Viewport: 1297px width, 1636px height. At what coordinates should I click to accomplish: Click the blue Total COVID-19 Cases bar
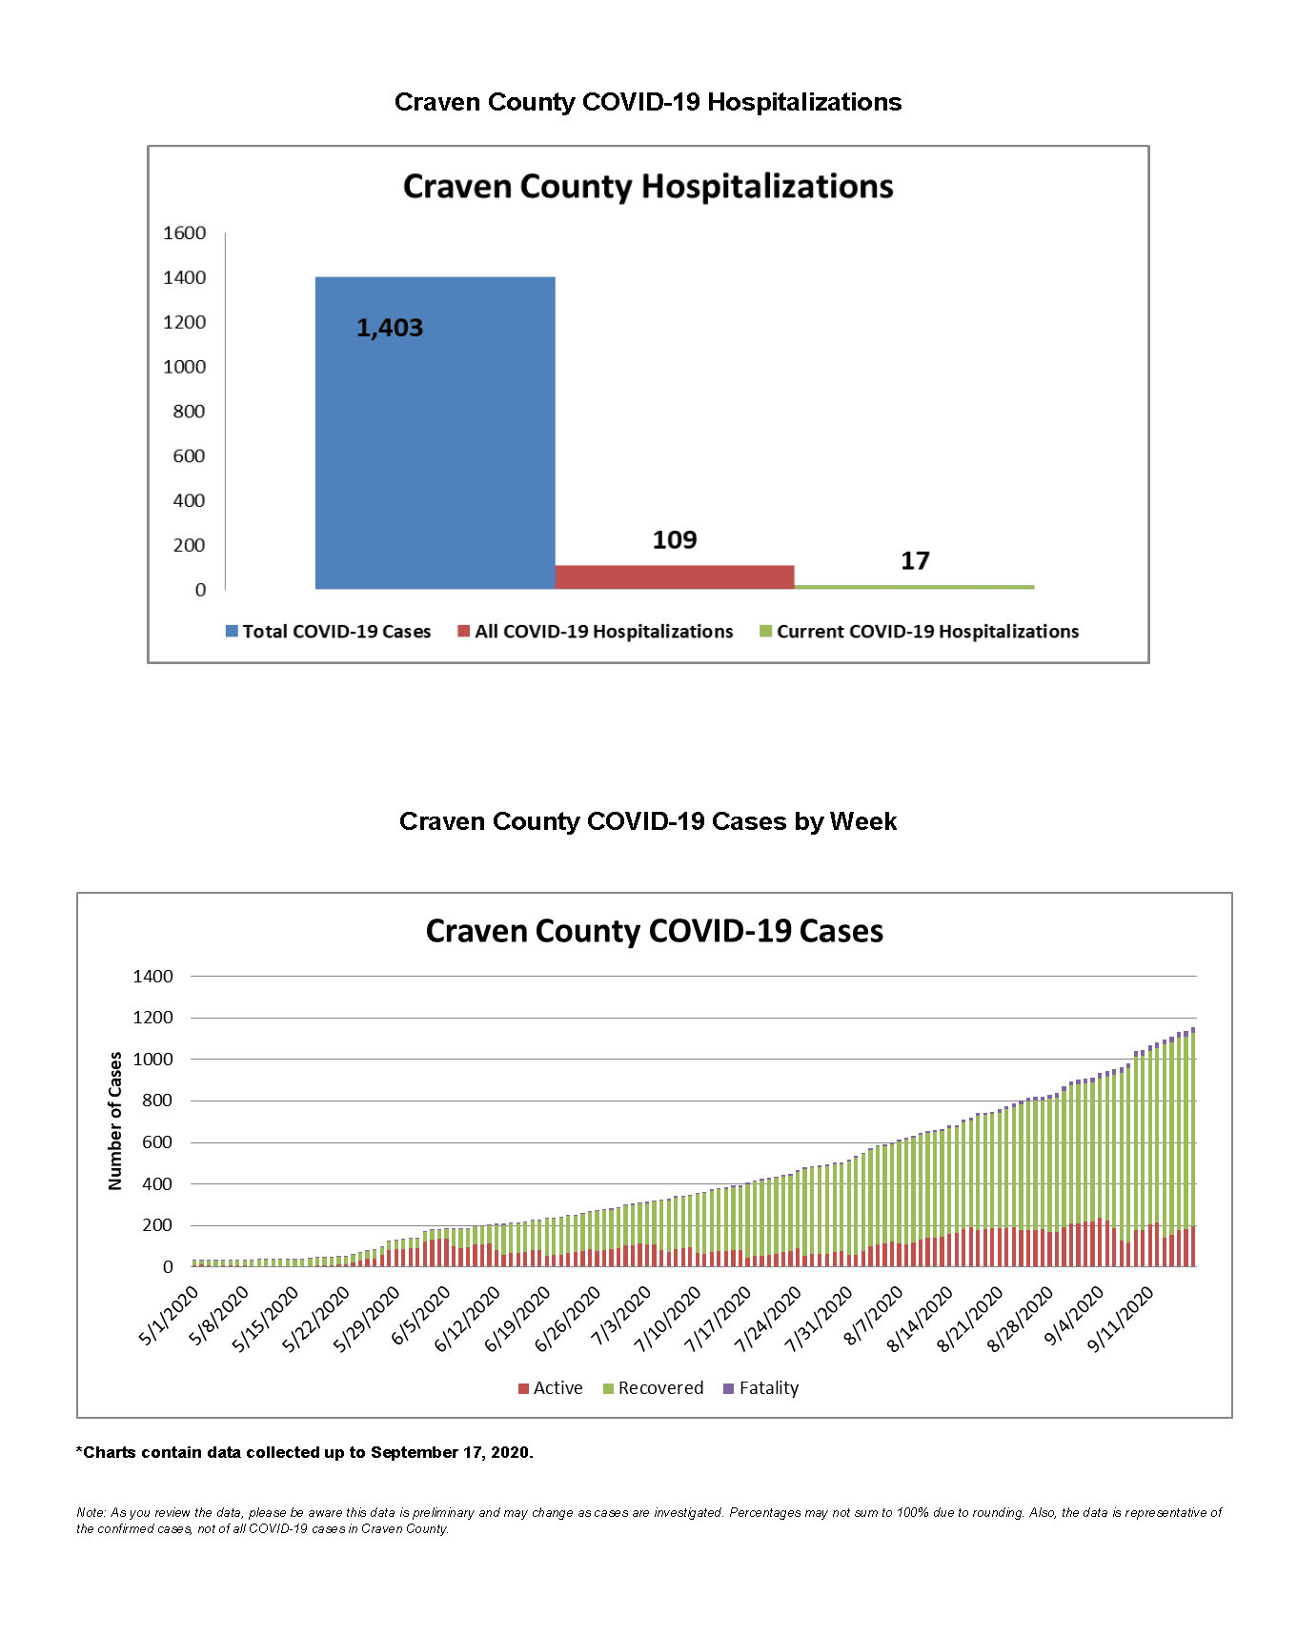tap(435, 433)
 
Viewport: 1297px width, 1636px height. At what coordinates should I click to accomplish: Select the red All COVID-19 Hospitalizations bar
tap(675, 576)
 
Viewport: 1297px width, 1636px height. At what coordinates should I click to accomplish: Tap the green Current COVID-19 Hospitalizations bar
tap(914, 587)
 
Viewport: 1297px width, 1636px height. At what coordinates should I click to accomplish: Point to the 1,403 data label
tap(390, 328)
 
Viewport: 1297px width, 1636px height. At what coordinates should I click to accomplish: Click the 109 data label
tap(675, 540)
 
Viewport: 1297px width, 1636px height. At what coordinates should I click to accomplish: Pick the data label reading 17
tap(915, 561)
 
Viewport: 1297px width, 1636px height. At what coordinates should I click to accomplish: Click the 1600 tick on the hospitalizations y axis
tap(185, 232)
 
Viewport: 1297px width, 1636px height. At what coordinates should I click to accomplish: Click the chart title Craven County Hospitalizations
tap(648, 186)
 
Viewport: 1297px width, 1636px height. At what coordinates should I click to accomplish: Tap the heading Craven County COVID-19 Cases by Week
tap(648, 821)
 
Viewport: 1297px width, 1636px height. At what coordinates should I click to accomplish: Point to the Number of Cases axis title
tap(115, 1121)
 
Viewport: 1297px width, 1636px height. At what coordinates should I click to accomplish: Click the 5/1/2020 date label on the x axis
tap(170, 1316)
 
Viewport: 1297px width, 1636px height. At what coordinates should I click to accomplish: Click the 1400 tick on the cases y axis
tap(153, 976)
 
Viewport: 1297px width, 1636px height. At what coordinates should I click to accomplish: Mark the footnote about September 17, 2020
tap(305, 1452)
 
